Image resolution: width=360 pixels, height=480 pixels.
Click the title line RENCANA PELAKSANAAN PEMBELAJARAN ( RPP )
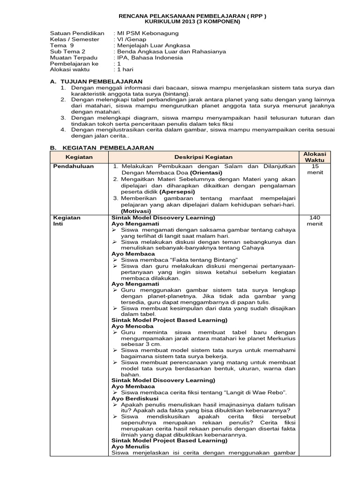(x=192, y=15)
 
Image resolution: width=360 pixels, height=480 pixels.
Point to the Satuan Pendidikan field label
(x=77, y=33)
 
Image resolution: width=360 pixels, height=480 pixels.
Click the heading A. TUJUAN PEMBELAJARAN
(x=96, y=81)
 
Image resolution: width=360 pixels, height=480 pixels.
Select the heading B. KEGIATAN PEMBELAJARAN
(x=102, y=147)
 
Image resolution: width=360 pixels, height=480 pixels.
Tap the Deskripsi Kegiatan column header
(x=203, y=157)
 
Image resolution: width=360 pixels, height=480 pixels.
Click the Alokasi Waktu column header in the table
(x=315, y=157)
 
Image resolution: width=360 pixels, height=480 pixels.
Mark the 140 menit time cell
(x=315, y=220)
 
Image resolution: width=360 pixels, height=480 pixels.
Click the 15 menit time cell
(x=315, y=169)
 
